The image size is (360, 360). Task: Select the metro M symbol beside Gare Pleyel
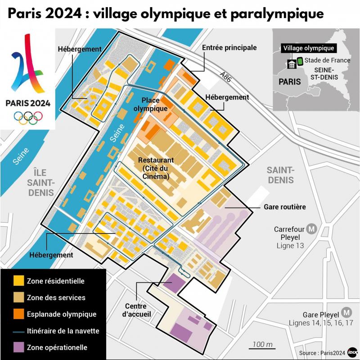tap(346, 312)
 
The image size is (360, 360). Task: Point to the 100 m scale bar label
tap(263, 344)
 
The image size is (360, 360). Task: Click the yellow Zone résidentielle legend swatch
tap(18, 281)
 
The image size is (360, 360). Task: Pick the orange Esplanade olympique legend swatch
tap(18, 314)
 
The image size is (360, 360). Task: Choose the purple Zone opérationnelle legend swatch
tap(18, 347)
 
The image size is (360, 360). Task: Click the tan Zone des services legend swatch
tap(18, 297)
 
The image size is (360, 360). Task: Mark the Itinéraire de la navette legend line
tap(18, 331)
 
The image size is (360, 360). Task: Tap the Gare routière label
tap(284, 207)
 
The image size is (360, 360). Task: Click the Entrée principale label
tap(229, 48)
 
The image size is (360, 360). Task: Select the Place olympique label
tap(154, 104)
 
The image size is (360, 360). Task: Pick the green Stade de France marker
tap(300, 61)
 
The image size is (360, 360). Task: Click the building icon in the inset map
tap(292, 64)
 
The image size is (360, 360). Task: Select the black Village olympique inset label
tap(308, 48)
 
